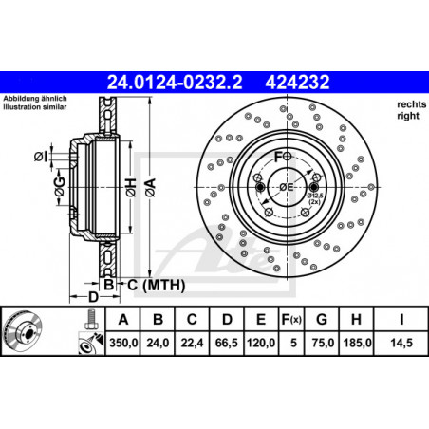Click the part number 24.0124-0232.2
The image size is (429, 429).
click(175, 83)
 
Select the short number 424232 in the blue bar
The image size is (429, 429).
click(297, 83)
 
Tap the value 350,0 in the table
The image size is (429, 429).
click(123, 343)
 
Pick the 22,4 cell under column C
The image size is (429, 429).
click(192, 343)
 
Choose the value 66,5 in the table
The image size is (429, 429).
click(227, 343)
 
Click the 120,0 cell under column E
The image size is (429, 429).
click(261, 343)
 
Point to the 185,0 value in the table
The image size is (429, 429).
click(357, 343)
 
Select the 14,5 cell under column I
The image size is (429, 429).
click(401, 343)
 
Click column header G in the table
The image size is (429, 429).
click(322, 320)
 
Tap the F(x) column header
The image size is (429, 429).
click(291, 320)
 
